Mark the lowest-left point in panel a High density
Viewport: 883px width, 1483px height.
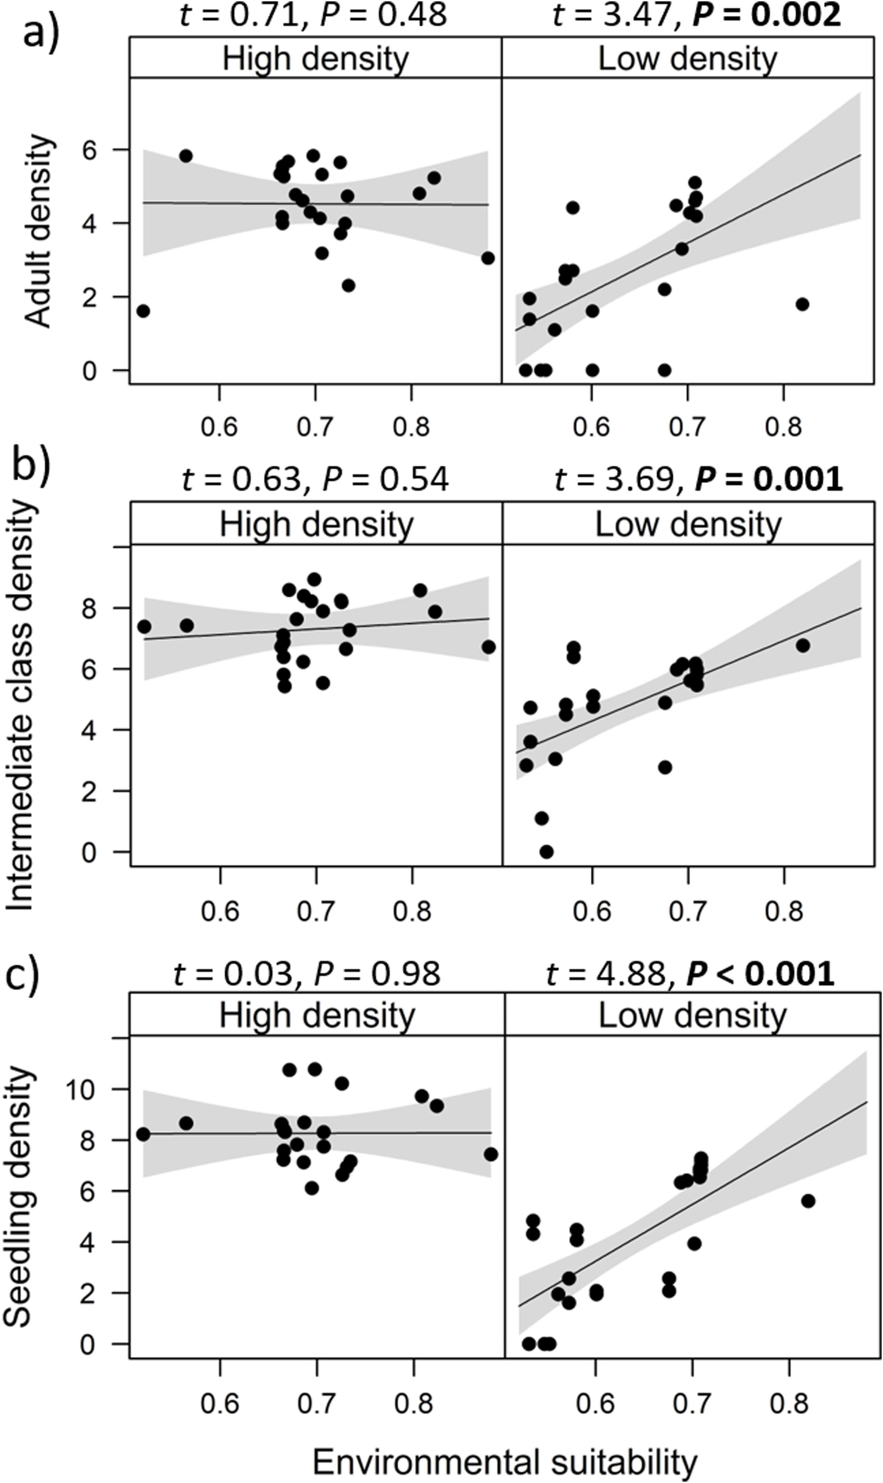[143, 311]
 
